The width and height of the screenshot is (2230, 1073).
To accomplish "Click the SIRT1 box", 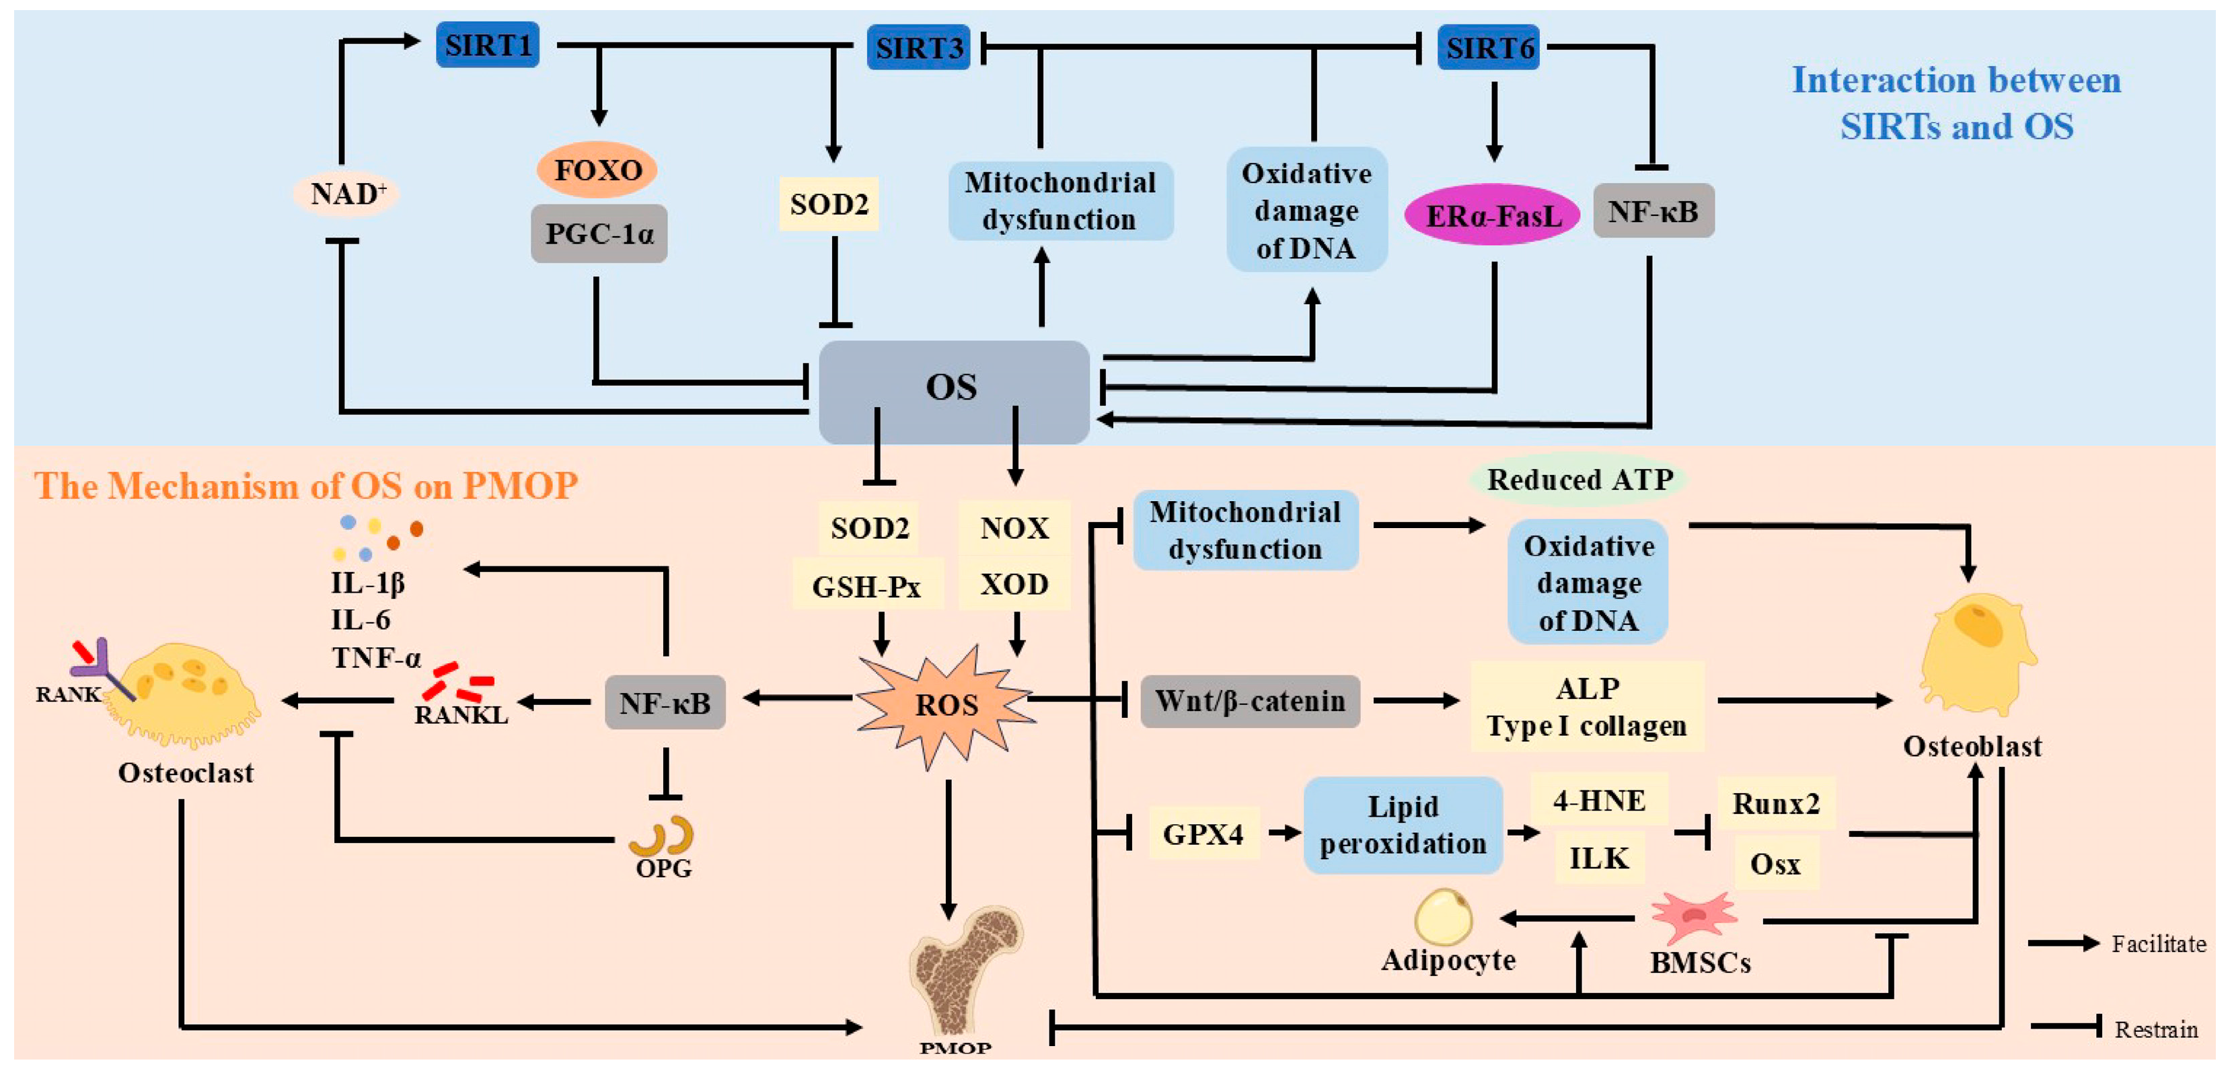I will (x=488, y=45).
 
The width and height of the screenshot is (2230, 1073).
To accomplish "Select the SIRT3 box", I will (x=918, y=48).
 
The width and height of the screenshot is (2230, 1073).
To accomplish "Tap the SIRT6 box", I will (x=1489, y=48).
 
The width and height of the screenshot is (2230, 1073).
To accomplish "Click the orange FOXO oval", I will (x=597, y=170).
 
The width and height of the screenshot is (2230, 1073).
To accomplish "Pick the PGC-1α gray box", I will (x=599, y=234).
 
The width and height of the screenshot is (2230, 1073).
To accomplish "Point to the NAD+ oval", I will (x=347, y=193).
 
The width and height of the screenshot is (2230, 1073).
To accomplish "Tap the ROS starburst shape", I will (x=946, y=705).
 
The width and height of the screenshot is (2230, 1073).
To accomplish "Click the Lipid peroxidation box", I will (x=1403, y=825).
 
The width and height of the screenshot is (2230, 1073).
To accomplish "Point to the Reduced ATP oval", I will (x=1579, y=480).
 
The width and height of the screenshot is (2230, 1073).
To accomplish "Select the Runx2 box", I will (x=1775, y=804).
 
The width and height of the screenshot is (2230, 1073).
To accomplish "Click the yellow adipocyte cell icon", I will (x=1442, y=916).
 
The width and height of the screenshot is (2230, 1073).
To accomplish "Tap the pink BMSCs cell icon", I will (x=1694, y=916).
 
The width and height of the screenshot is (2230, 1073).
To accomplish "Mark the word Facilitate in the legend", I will (x=2157, y=944).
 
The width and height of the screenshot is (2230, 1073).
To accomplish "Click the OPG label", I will (x=664, y=868).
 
